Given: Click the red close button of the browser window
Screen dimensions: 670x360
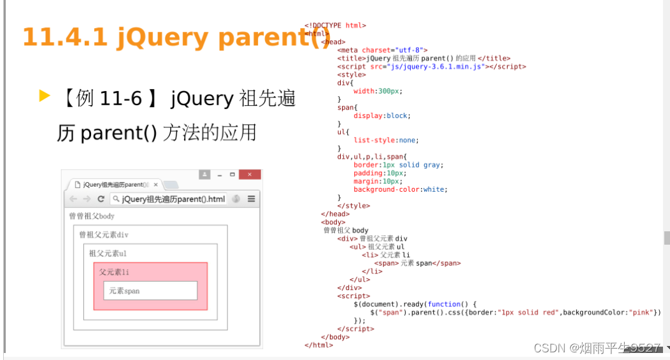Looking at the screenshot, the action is click(250, 175).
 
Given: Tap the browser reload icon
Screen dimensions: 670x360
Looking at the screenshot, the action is click(101, 199).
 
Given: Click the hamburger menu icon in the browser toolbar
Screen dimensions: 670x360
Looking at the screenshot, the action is click(252, 199).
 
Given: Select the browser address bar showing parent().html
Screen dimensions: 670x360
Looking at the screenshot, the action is click(169, 199).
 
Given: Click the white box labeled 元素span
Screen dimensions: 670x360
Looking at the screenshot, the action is click(150, 291).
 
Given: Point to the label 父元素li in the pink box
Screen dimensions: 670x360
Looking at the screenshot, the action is click(115, 272).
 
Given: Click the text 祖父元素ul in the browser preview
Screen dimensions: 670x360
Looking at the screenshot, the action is click(108, 254).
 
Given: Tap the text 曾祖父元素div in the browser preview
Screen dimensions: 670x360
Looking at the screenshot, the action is click(104, 235).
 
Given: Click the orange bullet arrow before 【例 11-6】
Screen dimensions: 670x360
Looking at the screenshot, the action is click(44, 96).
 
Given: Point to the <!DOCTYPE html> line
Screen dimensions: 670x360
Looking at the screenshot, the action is click(335, 25).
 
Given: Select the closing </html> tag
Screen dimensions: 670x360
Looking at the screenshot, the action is click(318, 345).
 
